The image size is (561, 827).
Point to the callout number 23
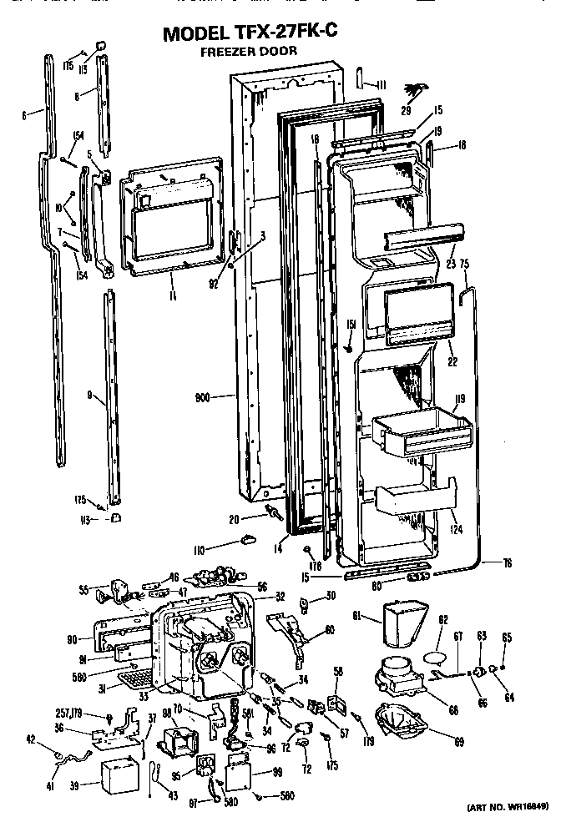click(452, 262)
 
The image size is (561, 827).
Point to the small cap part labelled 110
click(248, 542)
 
